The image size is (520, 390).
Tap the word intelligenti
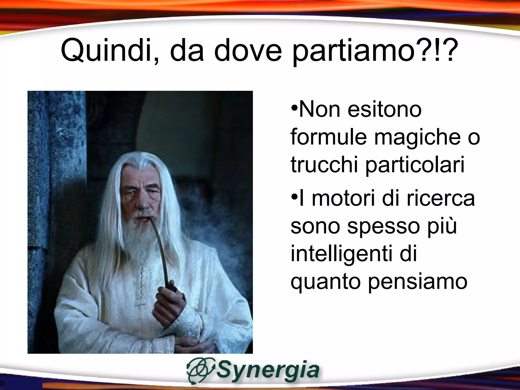click(x=342, y=254)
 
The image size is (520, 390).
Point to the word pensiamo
click(x=417, y=282)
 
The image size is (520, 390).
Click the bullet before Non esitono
click(x=294, y=107)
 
